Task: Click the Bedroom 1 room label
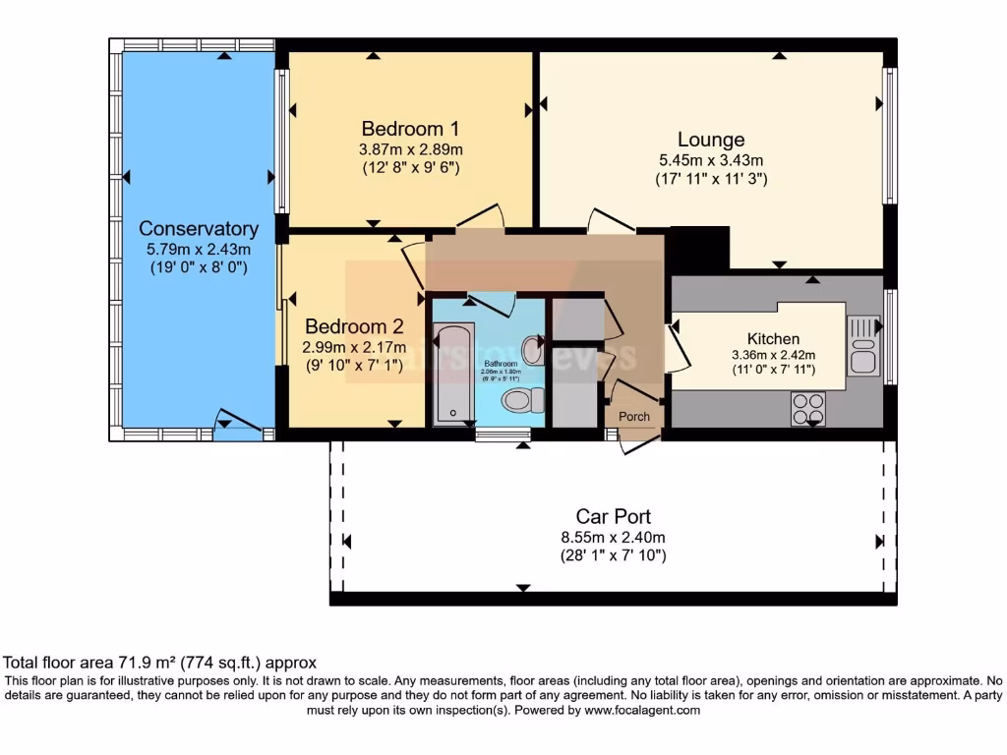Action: [x=410, y=129]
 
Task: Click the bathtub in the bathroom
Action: [x=453, y=373]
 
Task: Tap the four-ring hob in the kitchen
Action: [x=808, y=408]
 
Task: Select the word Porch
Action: [x=634, y=417]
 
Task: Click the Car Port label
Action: [x=613, y=516]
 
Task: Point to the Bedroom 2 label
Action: [x=354, y=326]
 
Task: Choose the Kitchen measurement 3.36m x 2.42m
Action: [x=773, y=356]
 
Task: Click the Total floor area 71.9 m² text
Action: [x=159, y=664]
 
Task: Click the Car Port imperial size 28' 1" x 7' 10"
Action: [x=613, y=556]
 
